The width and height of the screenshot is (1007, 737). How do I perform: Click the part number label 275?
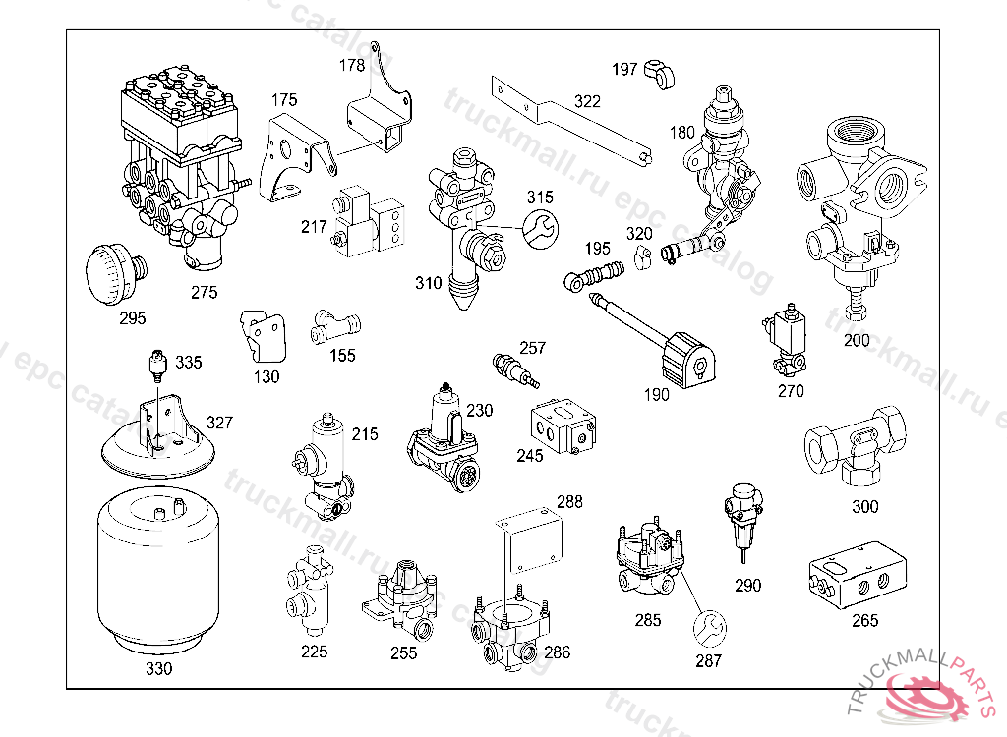point(205,292)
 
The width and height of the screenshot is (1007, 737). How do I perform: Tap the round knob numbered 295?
point(113,270)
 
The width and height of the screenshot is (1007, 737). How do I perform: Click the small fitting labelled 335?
point(154,366)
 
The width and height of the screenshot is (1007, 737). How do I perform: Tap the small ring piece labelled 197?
point(658,73)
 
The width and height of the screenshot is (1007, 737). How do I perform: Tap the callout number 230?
point(479,410)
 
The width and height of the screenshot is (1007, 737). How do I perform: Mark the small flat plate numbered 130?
point(263,337)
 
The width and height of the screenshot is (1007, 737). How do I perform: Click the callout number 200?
point(857,341)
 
